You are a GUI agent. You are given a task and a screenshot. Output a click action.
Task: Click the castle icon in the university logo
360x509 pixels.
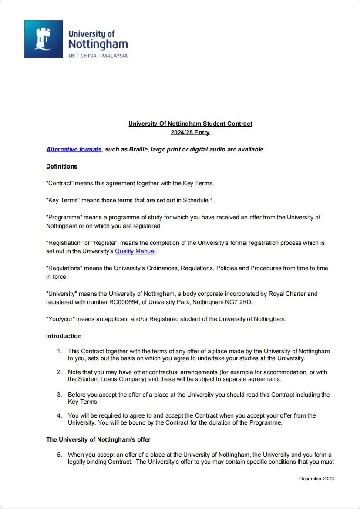coord(43,39)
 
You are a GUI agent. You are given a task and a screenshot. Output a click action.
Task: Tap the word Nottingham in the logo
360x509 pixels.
coord(98,44)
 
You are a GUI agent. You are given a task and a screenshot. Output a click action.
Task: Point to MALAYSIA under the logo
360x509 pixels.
coord(115,56)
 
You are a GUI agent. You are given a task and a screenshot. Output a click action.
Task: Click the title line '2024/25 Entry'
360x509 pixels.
coord(190,132)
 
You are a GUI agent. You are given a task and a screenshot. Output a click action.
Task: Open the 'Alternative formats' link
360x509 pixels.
coord(74,149)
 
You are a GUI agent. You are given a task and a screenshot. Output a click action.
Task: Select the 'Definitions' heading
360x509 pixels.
coord(62,166)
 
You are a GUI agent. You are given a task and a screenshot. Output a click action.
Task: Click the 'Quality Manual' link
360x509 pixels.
coord(135,251)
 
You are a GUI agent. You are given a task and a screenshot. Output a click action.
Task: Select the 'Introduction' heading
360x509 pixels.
coord(64,336)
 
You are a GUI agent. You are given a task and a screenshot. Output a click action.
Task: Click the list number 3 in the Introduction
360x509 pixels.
coord(60,395)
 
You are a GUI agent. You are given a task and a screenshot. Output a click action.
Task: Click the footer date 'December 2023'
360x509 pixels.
coord(316,479)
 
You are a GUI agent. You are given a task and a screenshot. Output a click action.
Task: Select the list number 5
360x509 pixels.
coord(60,455)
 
